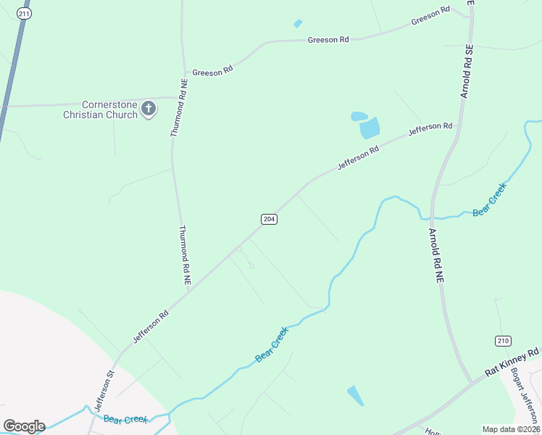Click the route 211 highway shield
25,14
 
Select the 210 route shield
502,341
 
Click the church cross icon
149,109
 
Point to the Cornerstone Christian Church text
100,109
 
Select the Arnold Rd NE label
436,256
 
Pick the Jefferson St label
101,390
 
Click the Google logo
24,426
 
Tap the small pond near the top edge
298,24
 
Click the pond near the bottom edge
356,396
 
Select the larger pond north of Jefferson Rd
370,129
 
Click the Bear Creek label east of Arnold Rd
490,199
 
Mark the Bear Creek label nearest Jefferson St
125,419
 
